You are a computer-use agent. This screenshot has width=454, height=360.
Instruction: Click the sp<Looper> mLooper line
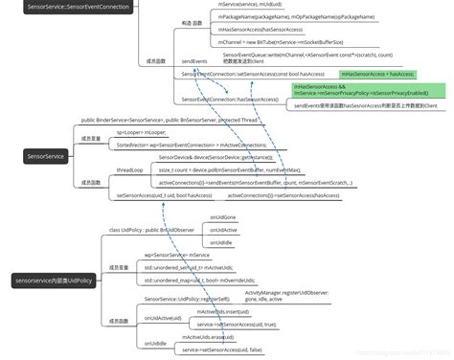141,130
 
